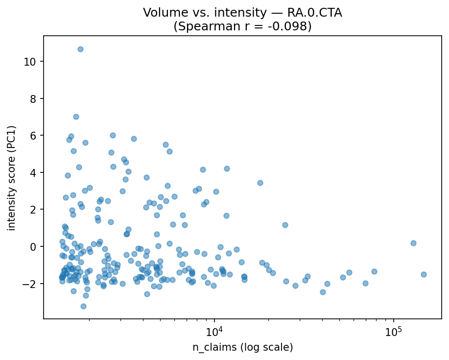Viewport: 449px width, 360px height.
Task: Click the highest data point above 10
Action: click(80, 49)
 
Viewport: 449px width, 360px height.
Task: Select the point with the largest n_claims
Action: click(424, 274)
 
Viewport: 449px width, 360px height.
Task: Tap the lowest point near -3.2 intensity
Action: click(83, 306)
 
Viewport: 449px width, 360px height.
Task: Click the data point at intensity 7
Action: click(76, 117)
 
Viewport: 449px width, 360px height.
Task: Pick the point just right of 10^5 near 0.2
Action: click(413, 243)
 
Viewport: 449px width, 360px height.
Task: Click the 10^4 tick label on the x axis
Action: click(214, 333)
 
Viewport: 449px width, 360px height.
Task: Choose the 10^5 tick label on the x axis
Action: click(394, 333)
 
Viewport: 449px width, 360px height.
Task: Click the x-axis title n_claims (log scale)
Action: click(242, 348)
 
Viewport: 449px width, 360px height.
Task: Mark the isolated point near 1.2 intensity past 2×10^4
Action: click(285, 225)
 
